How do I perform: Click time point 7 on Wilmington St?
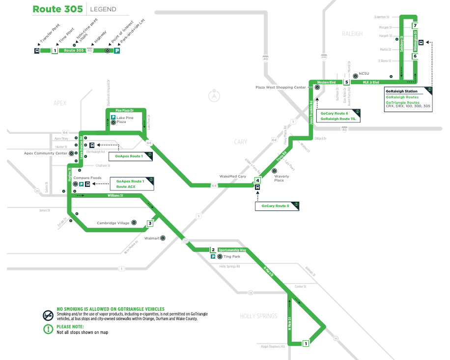pos(415,26)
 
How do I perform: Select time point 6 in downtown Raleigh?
pos(415,56)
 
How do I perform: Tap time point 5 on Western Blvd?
pos(346,82)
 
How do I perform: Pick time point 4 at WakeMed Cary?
pos(257,181)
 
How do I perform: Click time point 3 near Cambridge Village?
pos(150,223)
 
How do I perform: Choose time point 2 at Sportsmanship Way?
pos(213,250)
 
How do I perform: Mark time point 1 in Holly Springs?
pos(306,343)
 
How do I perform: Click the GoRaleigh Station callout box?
pos(408,98)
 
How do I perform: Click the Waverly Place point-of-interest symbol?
pos(275,171)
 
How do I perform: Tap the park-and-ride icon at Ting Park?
pos(213,257)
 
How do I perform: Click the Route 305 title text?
pos(57,9)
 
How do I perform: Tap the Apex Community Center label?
pos(46,153)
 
